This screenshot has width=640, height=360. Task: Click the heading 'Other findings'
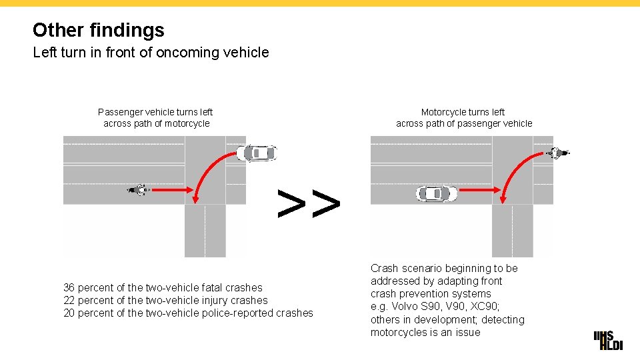tap(98, 30)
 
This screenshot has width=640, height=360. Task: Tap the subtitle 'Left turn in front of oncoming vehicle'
tap(151, 52)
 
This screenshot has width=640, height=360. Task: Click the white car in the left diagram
tap(257, 153)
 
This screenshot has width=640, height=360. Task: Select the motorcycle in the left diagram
tap(139, 190)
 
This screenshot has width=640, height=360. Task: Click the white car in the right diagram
tap(437, 194)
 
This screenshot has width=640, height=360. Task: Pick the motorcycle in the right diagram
tap(558, 153)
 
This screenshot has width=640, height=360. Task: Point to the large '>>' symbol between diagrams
tap(309, 204)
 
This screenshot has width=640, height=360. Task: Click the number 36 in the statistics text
tap(69, 288)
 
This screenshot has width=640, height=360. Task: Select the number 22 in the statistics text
tap(69, 301)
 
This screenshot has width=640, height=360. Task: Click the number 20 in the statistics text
tap(69, 313)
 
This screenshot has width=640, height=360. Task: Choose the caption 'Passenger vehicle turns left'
tap(155, 112)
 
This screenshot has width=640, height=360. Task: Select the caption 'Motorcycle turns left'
tap(463, 112)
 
